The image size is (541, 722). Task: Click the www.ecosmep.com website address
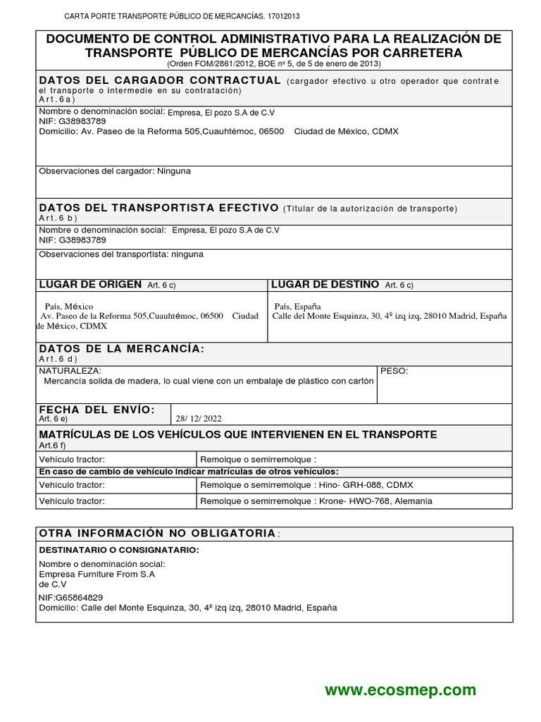point(400,690)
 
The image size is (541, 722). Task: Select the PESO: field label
point(394,371)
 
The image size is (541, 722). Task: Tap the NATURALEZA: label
point(70,371)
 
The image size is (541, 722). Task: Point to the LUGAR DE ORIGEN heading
point(90,284)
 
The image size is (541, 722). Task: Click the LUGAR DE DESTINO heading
point(325,284)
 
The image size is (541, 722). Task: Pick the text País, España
point(297,307)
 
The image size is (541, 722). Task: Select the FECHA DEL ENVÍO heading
point(96,410)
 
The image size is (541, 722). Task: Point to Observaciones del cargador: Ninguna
point(114,171)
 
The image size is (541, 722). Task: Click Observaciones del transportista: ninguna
point(121,254)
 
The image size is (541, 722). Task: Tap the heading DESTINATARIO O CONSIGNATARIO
point(119,549)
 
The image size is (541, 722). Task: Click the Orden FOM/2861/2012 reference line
point(273,63)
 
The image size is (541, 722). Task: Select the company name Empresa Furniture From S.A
point(97,575)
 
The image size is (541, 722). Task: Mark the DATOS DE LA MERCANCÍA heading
point(121,349)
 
